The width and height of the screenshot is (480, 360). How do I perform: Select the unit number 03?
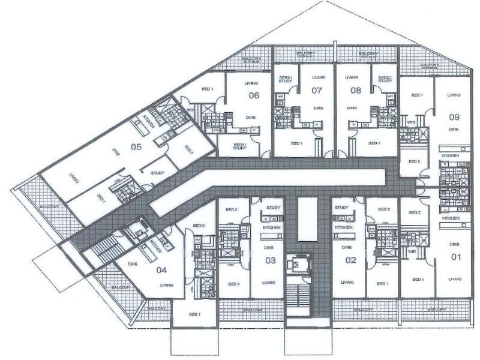coord(271,260)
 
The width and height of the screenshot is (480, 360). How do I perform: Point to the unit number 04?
coord(161,270)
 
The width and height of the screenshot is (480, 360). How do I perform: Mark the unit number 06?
coord(254,95)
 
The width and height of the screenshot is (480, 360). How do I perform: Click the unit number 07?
coord(318,91)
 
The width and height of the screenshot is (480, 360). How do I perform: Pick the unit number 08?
coord(355,91)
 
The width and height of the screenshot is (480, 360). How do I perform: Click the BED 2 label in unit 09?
coord(414,161)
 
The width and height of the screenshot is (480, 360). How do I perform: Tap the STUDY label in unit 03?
coord(274,207)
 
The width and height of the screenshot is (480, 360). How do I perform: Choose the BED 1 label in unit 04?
coord(194,314)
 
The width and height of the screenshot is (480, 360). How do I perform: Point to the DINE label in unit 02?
coord(346,247)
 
